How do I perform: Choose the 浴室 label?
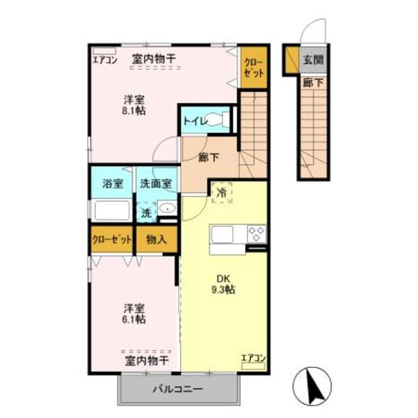coord(112,184)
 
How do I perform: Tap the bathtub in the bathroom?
coord(111,210)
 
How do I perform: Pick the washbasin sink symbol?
coord(167,208)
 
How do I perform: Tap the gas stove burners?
coord(255,233)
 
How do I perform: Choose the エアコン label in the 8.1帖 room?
coord(105,59)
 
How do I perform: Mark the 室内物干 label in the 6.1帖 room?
coord(146,361)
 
